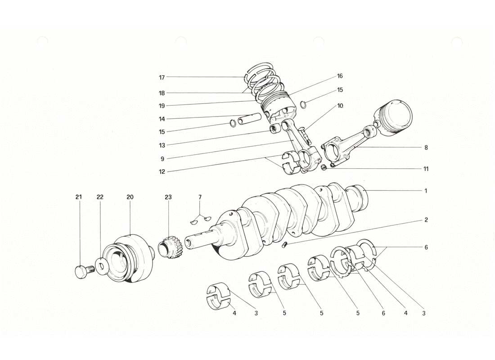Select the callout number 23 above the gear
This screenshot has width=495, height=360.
pos(168,197)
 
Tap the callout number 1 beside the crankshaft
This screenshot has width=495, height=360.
pos(425,191)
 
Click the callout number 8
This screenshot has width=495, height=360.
pos(425,147)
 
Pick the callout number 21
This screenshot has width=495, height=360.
pos(79,197)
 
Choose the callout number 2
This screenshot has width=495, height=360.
pos(425,220)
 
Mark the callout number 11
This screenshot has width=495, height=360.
pos(425,169)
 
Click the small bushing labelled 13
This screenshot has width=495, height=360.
pos(274,130)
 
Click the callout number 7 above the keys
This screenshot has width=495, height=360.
pos(200,197)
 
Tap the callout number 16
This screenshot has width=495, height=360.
pos(340,76)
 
